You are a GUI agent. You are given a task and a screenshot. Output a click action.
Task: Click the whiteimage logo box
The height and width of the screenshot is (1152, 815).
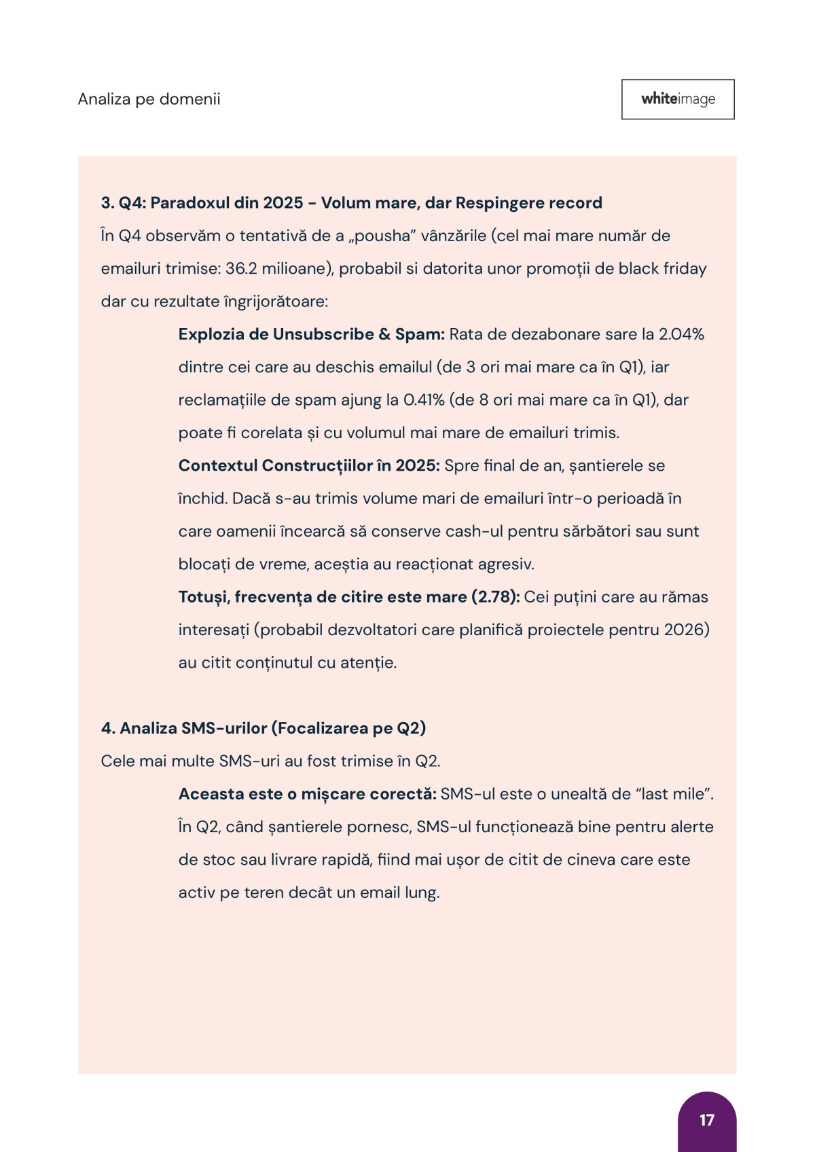click(x=678, y=99)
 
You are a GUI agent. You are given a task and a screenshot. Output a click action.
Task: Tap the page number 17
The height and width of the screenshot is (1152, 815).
click(x=706, y=1120)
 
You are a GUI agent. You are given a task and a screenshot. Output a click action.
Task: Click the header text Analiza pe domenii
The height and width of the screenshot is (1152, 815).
click(x=149, y=99)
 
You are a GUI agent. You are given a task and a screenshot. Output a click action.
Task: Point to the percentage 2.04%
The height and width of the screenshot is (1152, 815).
click(x=681, y=334)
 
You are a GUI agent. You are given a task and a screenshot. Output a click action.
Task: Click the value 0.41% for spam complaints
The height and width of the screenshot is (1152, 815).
click(x=424, y=400)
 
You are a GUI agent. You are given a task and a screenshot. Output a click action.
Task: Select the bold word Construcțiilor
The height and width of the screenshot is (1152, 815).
click(x=317, y=466)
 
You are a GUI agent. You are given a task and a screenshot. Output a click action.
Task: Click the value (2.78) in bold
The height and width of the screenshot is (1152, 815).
click(x=495, y=597)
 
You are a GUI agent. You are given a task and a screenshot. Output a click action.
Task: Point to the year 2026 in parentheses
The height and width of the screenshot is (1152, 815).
click(x=683, y=630)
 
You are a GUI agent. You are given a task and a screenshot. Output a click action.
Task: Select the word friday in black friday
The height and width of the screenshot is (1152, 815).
click(x=685, y=269)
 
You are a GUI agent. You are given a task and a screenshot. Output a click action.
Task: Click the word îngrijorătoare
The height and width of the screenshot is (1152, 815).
click(x=275, y=302)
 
